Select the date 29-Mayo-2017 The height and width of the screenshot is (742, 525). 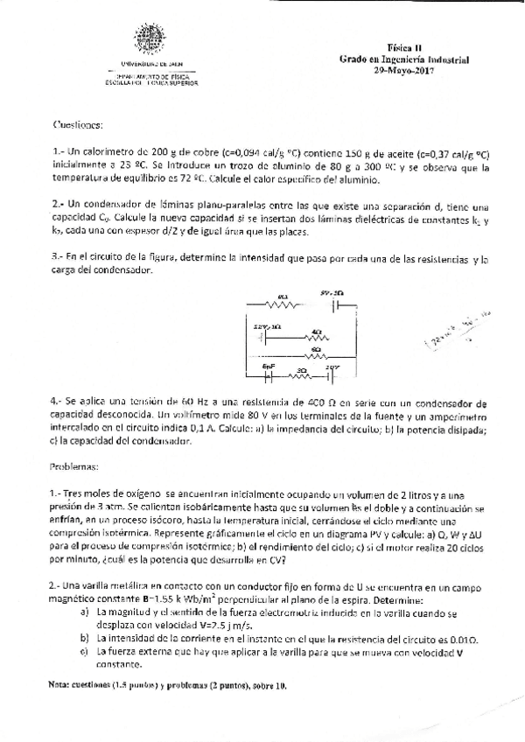[404, 70]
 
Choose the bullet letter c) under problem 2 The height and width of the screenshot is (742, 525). [83, 652]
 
